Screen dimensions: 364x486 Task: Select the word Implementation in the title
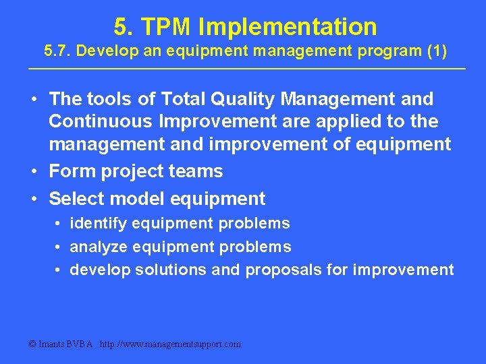[x=288, y=27]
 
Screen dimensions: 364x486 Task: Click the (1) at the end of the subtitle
[x=433, y=51]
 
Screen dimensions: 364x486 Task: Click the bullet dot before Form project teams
[x=33, y=172]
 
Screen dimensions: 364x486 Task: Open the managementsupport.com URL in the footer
[x=170, y=344]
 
